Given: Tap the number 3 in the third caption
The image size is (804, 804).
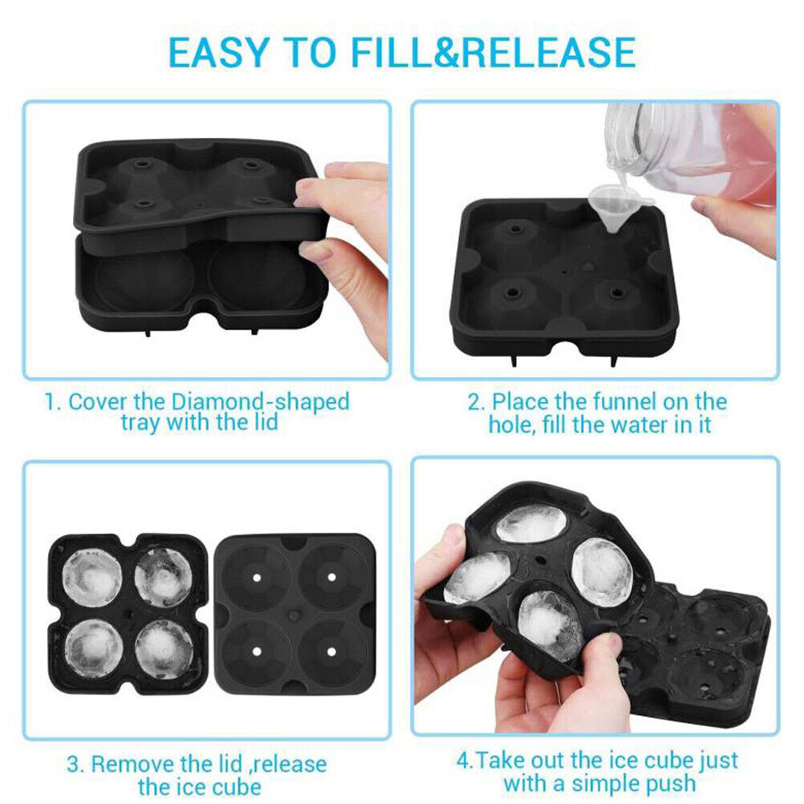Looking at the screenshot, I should tap(73, 764).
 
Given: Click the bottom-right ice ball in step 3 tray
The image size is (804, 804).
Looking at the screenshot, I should tap(163, 646).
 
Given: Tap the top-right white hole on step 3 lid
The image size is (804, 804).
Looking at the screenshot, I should tap(330, 576).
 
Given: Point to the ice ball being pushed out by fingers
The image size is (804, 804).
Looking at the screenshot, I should tap(550, 625).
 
